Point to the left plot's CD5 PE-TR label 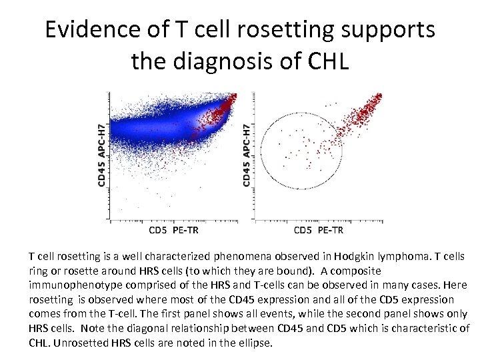tap(173, 231)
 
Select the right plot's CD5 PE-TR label tap(318, 231)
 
